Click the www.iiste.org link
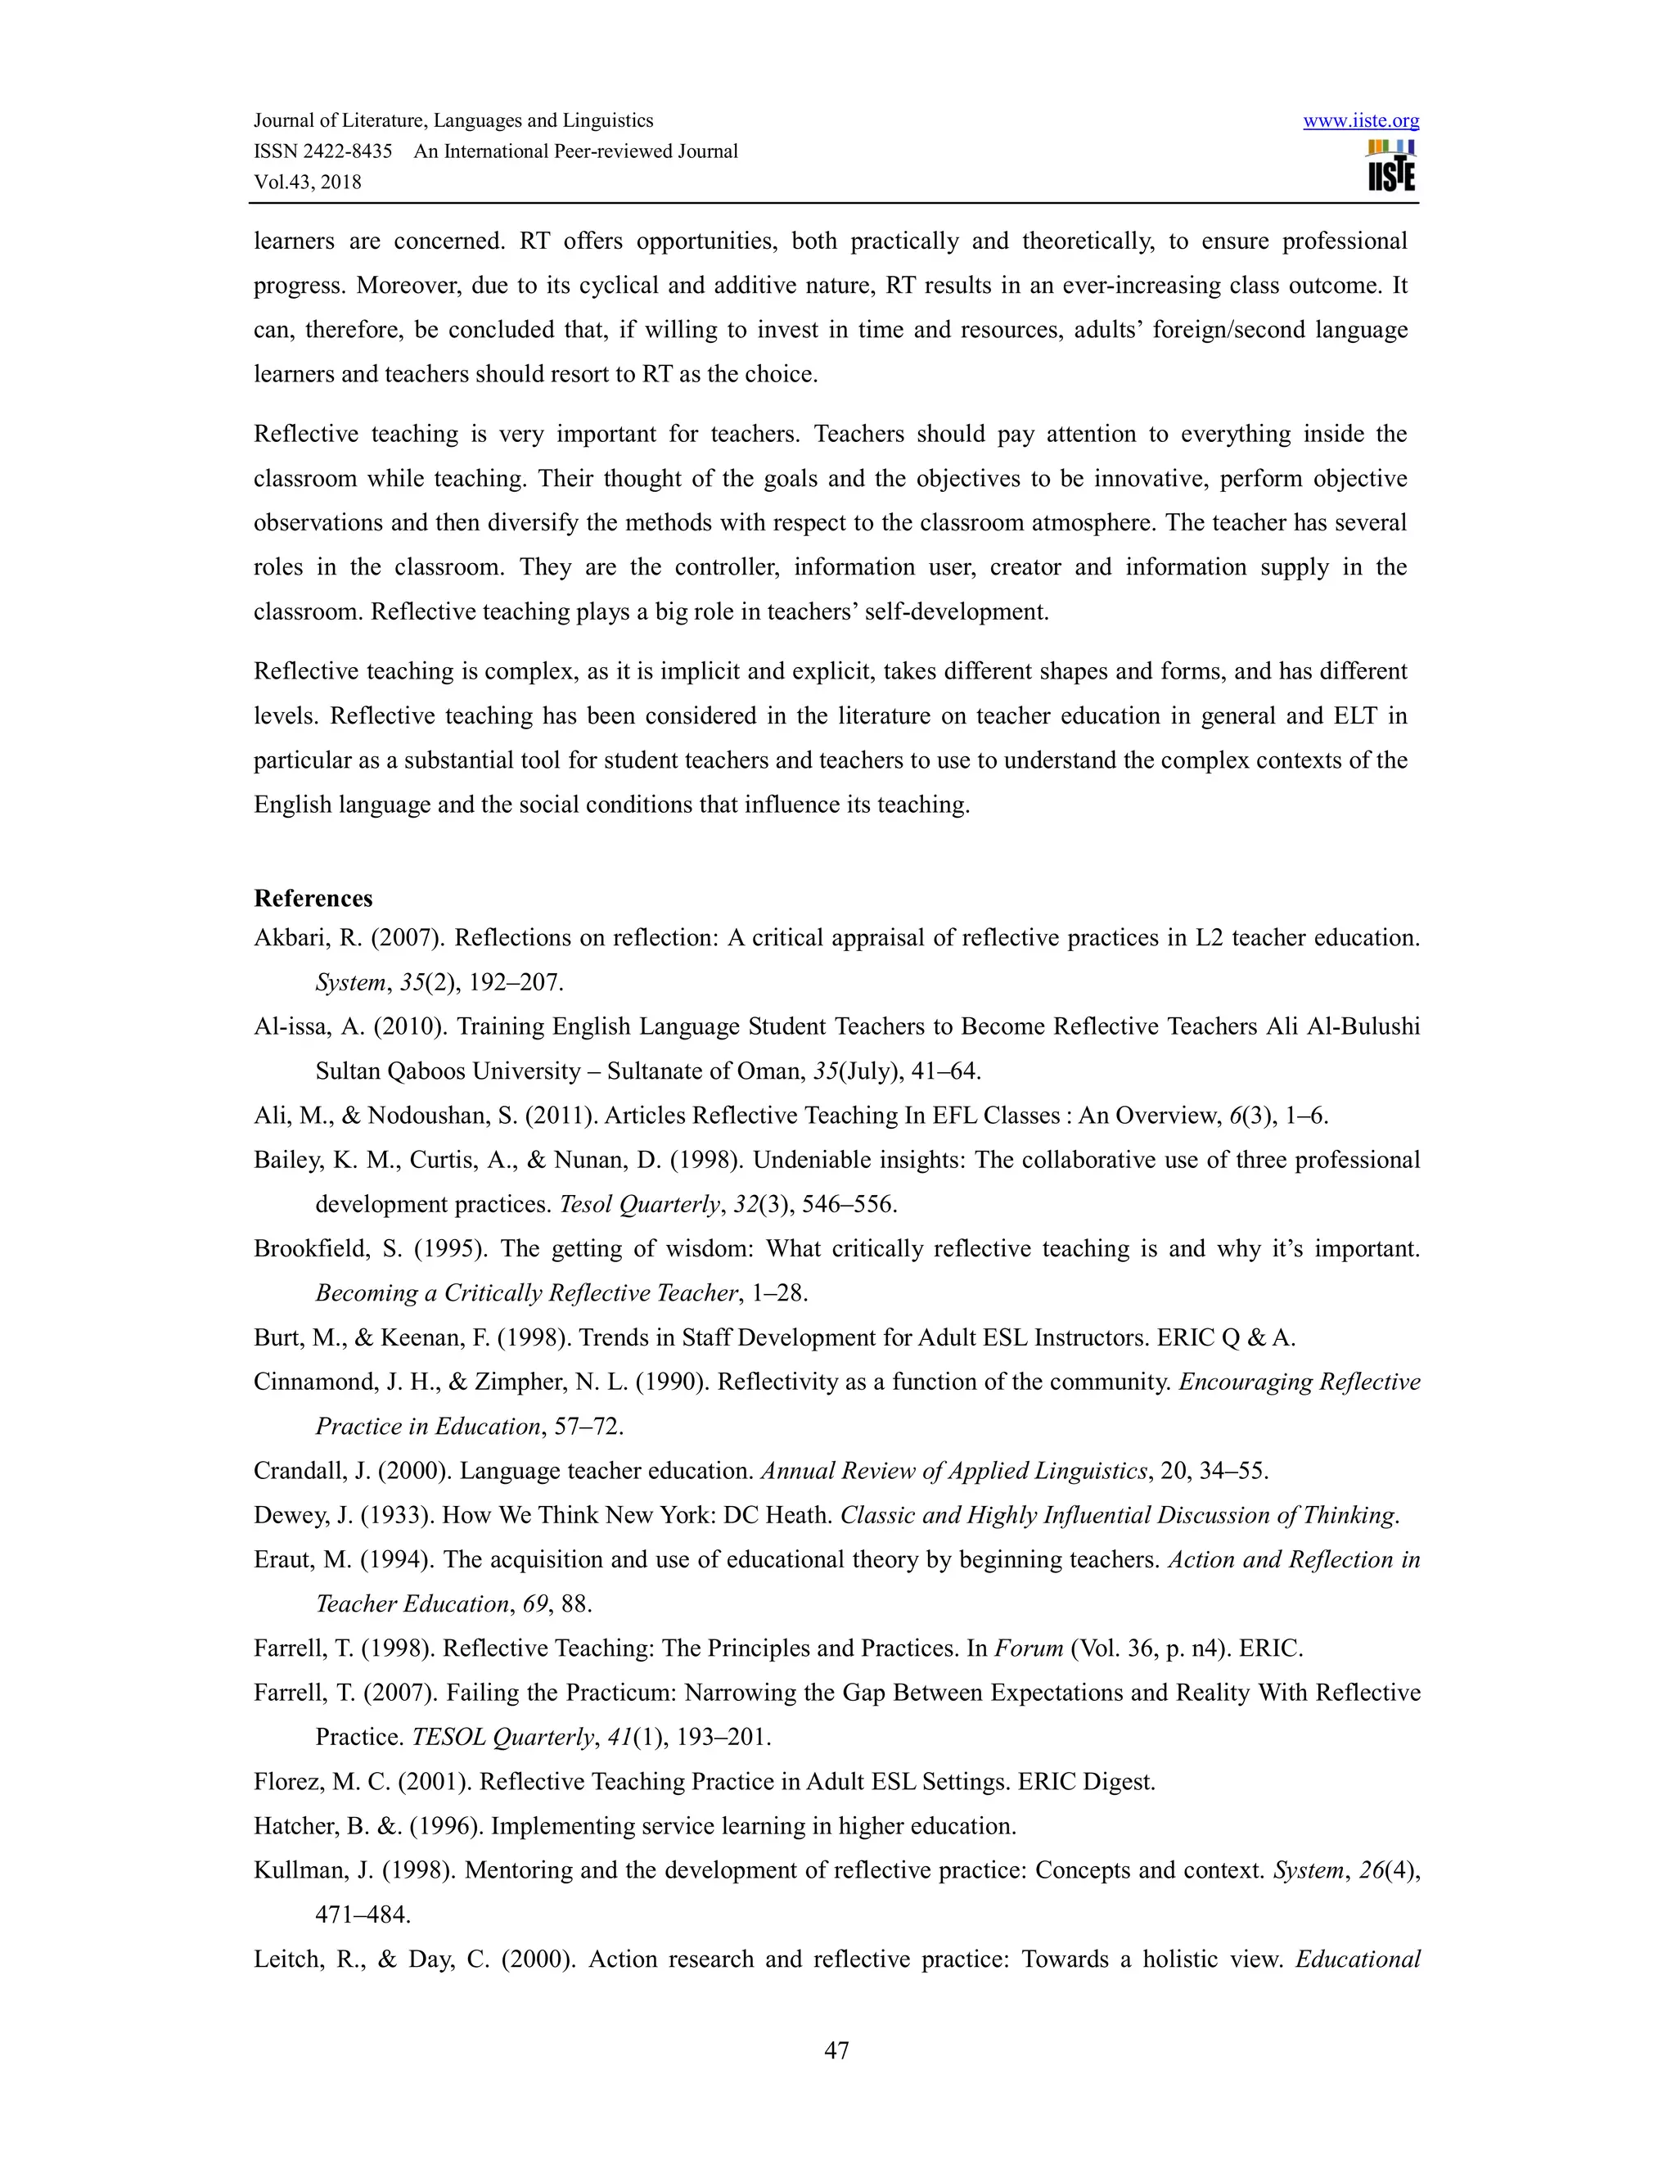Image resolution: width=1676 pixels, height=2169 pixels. coord(1360,121)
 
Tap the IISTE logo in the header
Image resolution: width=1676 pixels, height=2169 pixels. coord(1391,167)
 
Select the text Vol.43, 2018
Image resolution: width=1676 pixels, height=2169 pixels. coord(308,183)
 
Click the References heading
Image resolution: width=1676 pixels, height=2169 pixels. coord(313,899)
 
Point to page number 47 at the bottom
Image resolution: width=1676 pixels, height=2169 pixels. coord(837,2050)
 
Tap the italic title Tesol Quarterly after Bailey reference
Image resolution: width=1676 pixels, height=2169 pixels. coord(639,1205)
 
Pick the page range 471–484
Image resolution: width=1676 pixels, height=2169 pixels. coord(363,1914)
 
